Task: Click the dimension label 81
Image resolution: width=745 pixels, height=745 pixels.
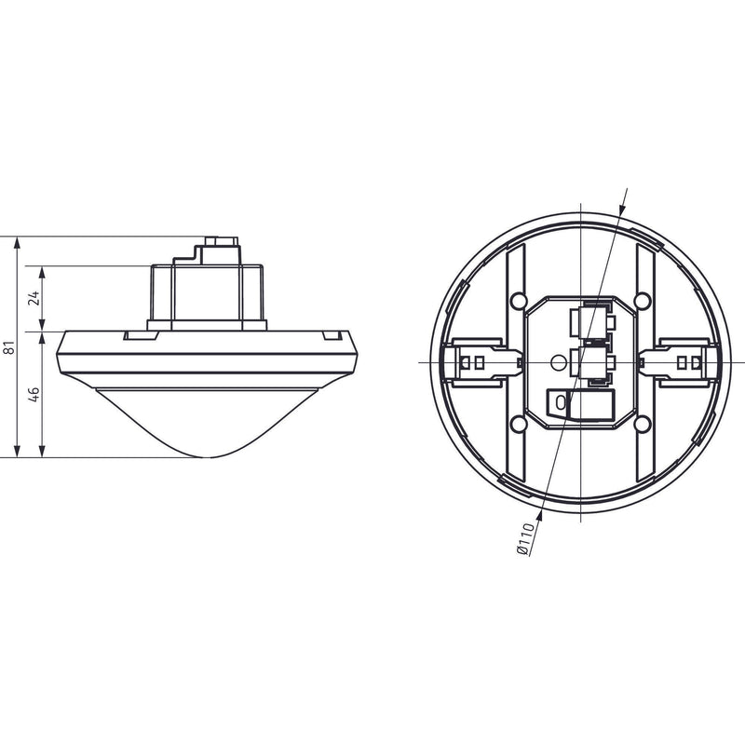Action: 9,347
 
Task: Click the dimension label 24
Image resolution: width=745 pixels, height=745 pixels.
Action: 34,298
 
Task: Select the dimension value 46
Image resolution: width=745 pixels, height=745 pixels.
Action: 34,394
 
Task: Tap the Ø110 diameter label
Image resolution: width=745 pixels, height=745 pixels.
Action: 524,538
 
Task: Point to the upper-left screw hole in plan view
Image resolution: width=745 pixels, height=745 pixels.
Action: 518,300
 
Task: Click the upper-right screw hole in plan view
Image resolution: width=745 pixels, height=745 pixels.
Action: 642,300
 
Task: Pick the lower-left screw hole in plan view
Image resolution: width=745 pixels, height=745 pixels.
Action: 518,423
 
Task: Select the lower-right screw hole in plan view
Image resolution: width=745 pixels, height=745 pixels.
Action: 642,423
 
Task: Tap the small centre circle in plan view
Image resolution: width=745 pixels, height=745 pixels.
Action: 557,363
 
